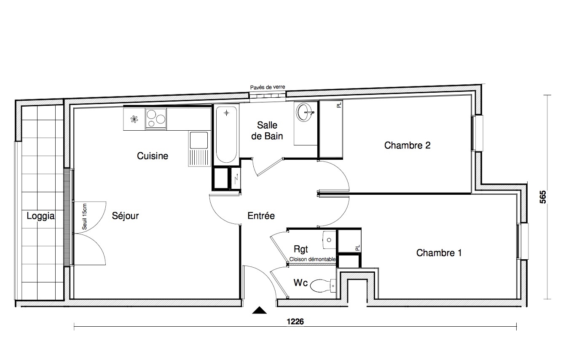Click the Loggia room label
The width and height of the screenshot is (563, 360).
click(x=41, y=216)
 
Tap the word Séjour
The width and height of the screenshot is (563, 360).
click(x=125, y=216)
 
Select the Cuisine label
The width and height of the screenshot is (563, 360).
click(x=153, y=156)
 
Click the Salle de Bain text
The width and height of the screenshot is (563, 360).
click(x=267, y=131)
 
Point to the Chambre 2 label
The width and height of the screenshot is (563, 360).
click(x=407, y=145)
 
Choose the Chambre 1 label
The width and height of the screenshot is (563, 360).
click(x=439, y=253)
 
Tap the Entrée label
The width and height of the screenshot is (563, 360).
click(x=261, y=216)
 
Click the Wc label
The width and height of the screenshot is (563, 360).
click(x=300, y=282)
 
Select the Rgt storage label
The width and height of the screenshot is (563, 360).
click(x=301, y=250)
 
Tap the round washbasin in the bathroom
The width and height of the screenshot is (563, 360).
click(x=305, y=113)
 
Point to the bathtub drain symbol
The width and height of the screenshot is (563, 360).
click(x=226, y=113)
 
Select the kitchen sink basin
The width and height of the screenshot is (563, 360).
click(x=199, y=140)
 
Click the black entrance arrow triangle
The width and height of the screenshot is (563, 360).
click(x=260, y=310)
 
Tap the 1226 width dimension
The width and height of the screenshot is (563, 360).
click(x=295, y=322)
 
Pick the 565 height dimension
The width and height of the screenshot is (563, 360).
click(x=543, y=197)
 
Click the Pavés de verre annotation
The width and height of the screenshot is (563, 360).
click(x=268, y=87)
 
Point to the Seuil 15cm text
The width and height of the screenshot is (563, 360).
click(x=84, y=216)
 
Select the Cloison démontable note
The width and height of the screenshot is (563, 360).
click(x=312, y=259)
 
